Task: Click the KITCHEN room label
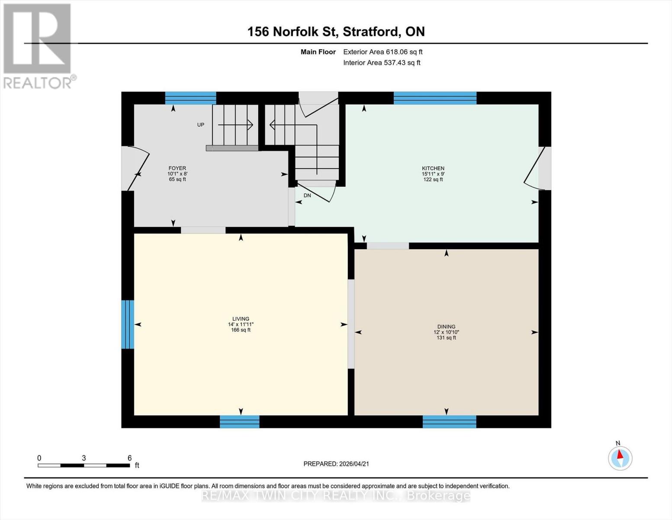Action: tap(433, 169)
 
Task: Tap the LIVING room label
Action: tap(241, 319)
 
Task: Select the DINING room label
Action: tap(446, 327)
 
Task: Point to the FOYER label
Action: tap(177, 168)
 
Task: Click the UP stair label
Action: tap(201, 125)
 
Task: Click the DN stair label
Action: tap(307, 195)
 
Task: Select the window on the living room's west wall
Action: tap(128, 324)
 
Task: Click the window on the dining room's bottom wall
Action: tap(449, 422)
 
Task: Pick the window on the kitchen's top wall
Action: tap(435, 98)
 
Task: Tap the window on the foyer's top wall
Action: tap(190, 98)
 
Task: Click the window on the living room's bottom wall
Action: tap(239, 422)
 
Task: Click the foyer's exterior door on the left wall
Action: tap(134, 169)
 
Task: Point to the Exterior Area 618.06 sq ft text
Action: tap(383, 52)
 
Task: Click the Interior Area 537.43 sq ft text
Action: tap(382, 63)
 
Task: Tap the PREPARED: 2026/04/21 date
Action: tap(336, 464)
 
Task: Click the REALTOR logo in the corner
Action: tap(38, 45)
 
